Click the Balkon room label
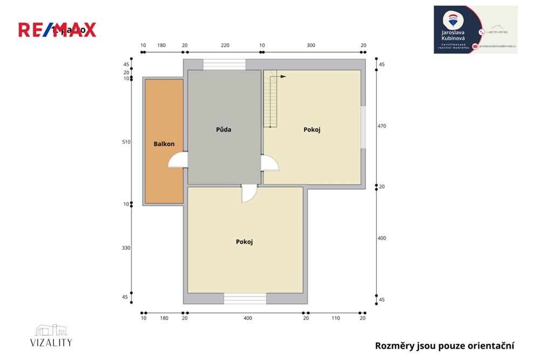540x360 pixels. (x=164, y=144)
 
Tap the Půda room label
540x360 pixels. (x=224, y=130)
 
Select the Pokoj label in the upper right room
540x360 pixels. (x=312, y=130)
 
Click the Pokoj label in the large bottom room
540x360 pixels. (x=244, y=242)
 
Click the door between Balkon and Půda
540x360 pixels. (x=178, y=160)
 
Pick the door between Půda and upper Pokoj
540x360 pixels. (x=269, y=162)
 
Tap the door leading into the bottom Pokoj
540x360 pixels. (x=249, y=193)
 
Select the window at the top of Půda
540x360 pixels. (x=224, y=65)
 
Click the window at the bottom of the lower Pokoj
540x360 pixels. (x=245, y=298)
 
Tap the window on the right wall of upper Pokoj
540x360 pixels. (x=363, y=127)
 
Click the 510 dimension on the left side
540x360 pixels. (x=126, y=142)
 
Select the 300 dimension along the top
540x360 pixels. (x=310, y=45)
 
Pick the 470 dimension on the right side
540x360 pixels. (x=382, y=126)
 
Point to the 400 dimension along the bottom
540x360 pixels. (x=247, y=318)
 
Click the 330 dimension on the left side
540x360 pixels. (x=126, y=248)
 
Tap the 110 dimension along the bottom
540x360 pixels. (x=335, y=318)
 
